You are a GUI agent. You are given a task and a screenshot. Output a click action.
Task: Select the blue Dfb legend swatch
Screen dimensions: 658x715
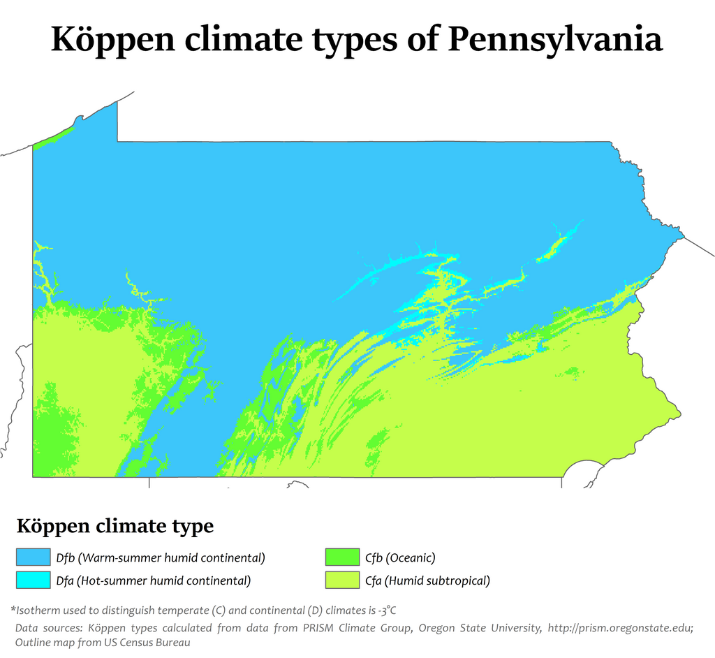34,557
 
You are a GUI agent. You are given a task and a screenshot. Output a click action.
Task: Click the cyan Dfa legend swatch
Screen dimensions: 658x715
34,580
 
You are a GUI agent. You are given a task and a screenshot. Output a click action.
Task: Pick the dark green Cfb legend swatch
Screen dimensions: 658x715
342,557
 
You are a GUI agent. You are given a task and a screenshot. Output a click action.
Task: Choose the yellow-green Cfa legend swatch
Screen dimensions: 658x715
342,580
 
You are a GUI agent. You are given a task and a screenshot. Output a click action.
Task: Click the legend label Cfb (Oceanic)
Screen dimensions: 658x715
400,557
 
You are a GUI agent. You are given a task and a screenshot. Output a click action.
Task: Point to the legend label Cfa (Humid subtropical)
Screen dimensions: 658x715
427,580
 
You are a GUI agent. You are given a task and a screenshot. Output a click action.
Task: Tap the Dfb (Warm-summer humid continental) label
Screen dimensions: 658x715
161,557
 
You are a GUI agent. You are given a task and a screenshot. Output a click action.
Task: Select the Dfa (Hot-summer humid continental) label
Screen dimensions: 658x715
153,580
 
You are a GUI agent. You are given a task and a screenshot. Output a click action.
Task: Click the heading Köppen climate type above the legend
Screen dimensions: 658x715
115,526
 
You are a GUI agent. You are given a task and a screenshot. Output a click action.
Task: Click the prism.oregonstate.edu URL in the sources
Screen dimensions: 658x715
619,627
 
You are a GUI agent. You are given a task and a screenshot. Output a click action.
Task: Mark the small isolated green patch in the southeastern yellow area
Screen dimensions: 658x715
571,372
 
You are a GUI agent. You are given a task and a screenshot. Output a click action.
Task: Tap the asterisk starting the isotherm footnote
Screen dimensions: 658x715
13,608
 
